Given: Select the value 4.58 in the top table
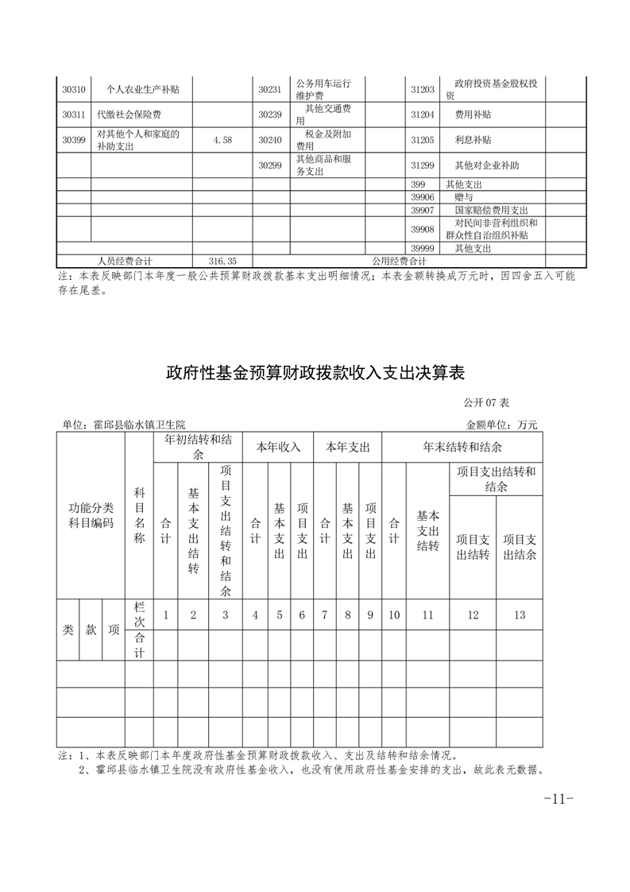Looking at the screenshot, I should [x=222, y=140].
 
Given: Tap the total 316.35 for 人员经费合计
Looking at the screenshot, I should [x=222, y=261].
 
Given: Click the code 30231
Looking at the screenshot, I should [x=270, y=89].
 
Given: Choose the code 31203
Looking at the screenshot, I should [x=423, y=89].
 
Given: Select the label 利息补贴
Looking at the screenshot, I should [x=472, y=140].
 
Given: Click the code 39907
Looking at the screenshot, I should [x=423, y=210].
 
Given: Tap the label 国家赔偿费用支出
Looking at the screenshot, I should [x=491, y=210].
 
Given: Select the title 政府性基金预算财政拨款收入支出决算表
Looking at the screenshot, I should [x=315, y=372].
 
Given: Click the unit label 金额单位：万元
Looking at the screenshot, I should [x=501, y=425].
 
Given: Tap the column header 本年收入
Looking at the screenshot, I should [x=278, y=448].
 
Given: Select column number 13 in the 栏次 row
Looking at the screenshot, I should [x=520, y=615].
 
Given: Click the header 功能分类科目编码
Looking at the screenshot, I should [x=91, y=515].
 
